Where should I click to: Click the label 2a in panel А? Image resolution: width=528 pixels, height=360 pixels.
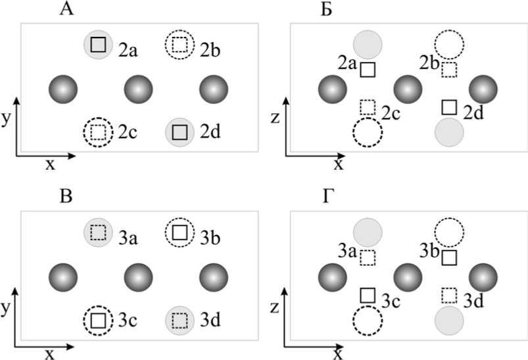(x=128, y=49)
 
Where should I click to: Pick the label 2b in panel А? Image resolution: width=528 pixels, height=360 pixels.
(x=209, y=49)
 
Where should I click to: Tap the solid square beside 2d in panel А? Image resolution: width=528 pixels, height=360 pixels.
(x=179, y=132)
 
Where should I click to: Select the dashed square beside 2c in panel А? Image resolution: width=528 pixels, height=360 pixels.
(x=98, y=132)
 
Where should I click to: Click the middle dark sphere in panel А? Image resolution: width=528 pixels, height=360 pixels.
(x=138, y=89)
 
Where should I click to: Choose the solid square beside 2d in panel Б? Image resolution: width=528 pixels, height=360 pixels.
(x=449, y=107)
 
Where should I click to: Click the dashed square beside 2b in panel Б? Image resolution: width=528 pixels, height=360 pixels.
(x=449, y=69)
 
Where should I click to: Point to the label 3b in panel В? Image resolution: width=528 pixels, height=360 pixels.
(x=209, y=236)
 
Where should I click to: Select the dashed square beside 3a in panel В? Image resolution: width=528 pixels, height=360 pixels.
(x=98, y=232)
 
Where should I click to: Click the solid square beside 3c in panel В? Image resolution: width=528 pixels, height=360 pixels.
(x=98, y=321)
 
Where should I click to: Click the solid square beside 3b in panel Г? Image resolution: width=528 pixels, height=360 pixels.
(x=449, y=257)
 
